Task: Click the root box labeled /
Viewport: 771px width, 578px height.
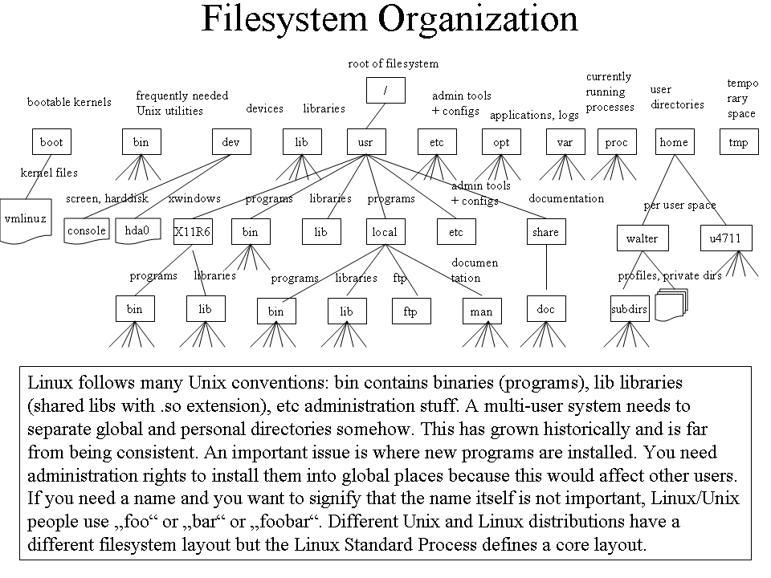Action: pos(385,91)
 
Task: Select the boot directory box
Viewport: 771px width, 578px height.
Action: pos(51,142)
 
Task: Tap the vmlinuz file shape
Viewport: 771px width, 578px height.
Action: pos(26,221)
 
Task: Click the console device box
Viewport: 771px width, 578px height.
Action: pos(87,230)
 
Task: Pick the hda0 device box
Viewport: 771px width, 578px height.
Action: pos(137,230)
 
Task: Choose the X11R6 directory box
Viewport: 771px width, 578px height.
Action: pos(193,231)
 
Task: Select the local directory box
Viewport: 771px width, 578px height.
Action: pos(385,231)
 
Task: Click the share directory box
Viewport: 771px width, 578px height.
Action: pos(546,231)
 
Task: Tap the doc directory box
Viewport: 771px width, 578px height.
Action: pos(546,308)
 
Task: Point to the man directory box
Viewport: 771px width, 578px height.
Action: pos(482,311)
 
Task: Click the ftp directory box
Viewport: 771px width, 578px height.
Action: pos(411,311)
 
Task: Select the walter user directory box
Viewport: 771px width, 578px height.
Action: pos(642,238)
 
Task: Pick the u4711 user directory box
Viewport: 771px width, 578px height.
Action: pos(726,238)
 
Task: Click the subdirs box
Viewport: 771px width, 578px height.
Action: pos(630,308)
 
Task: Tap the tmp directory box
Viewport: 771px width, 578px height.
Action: pos(739,142)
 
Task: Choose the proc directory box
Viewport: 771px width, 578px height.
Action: pos(617,142)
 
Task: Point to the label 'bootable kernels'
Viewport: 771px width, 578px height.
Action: pos(69,102)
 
